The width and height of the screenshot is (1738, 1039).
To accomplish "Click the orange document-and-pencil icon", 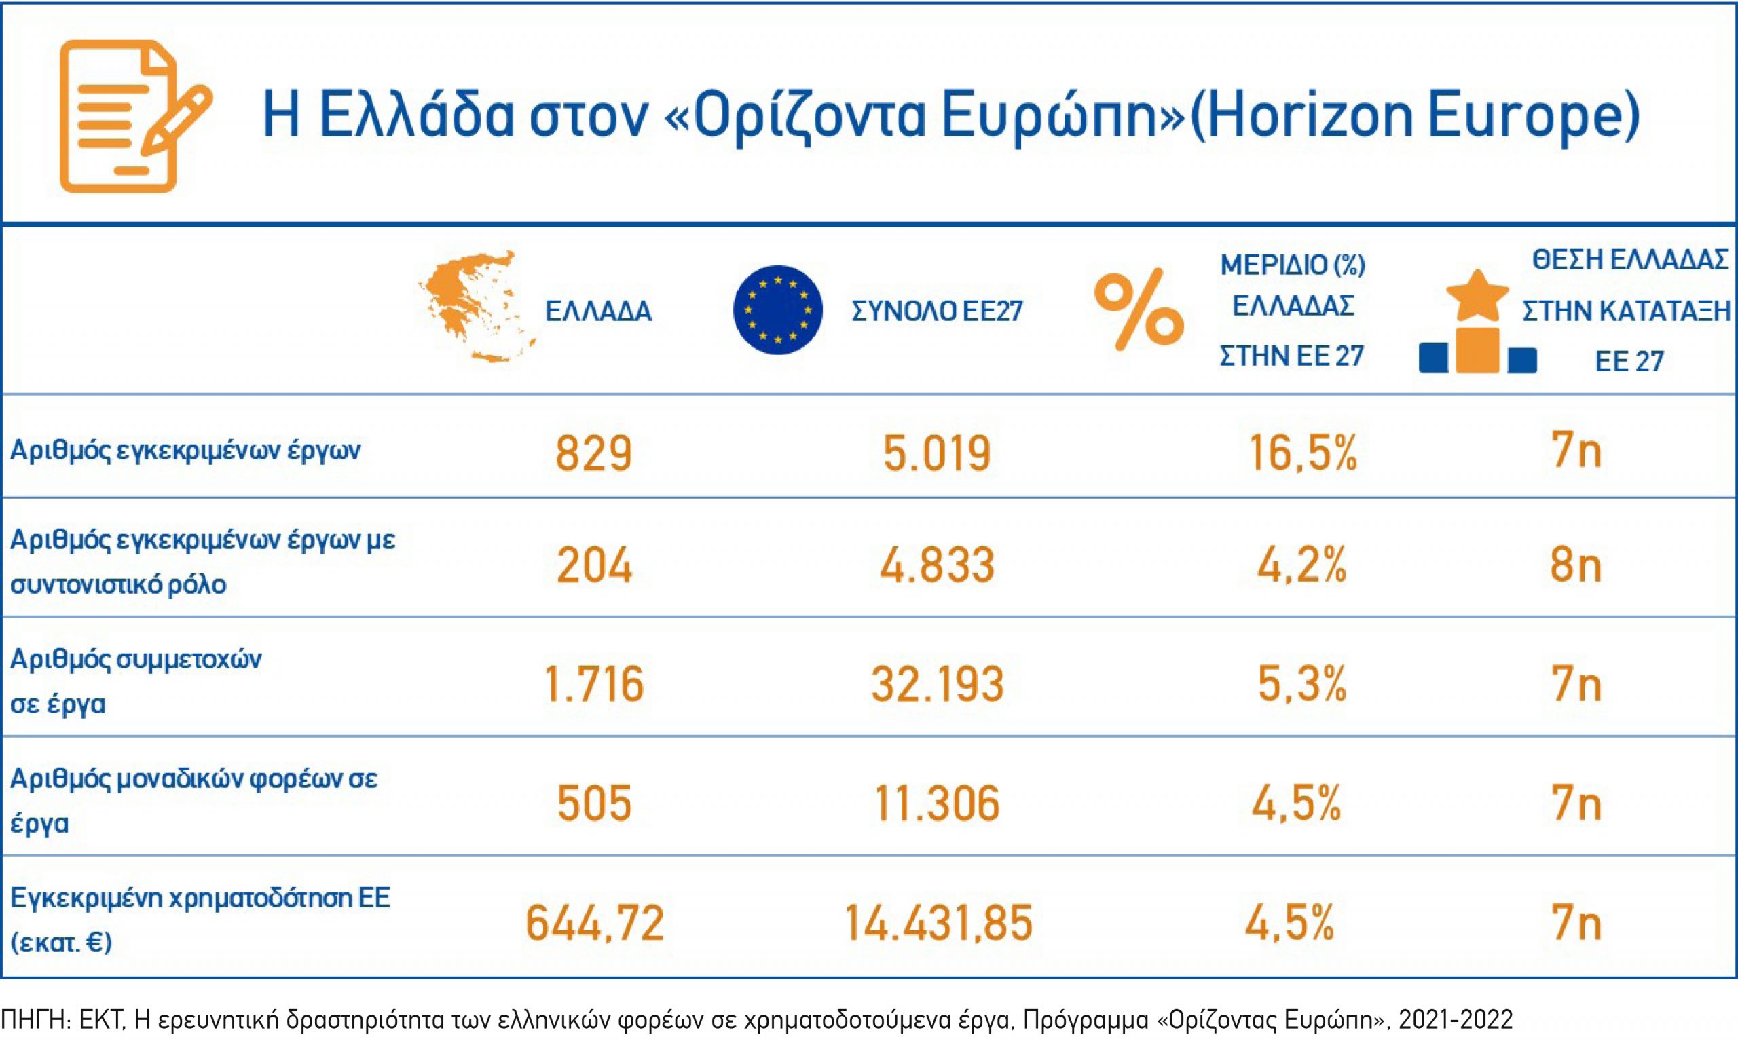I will coord(133,116).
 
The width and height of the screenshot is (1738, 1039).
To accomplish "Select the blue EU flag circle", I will coord(777,309).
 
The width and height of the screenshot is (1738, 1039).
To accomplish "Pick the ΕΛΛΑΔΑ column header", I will coord(598,311).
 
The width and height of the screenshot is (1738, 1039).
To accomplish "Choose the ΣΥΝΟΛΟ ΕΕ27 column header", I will coord(937,311).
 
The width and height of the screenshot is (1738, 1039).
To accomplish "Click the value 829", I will coord(594,452).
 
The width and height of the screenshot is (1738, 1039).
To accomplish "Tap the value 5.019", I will coord(937,452).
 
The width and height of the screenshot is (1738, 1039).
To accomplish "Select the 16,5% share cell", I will coord(1302,452).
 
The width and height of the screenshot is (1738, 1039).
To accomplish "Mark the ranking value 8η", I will coord(1576,566).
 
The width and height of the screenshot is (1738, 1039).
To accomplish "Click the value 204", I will coord(594,566).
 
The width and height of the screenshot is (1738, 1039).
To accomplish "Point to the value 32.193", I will coord(937,684).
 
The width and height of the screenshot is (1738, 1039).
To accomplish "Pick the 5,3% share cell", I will coord(1301,684).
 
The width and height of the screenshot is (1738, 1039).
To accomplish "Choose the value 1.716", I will coord(594,684).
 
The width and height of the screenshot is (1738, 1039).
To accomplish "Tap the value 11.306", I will coord(937,803).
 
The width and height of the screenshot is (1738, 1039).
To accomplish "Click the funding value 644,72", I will coord(594,923).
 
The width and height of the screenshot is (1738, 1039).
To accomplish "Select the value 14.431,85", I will coord(938,923).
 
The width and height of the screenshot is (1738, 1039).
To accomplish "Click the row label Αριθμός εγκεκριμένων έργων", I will coord(185,449).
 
